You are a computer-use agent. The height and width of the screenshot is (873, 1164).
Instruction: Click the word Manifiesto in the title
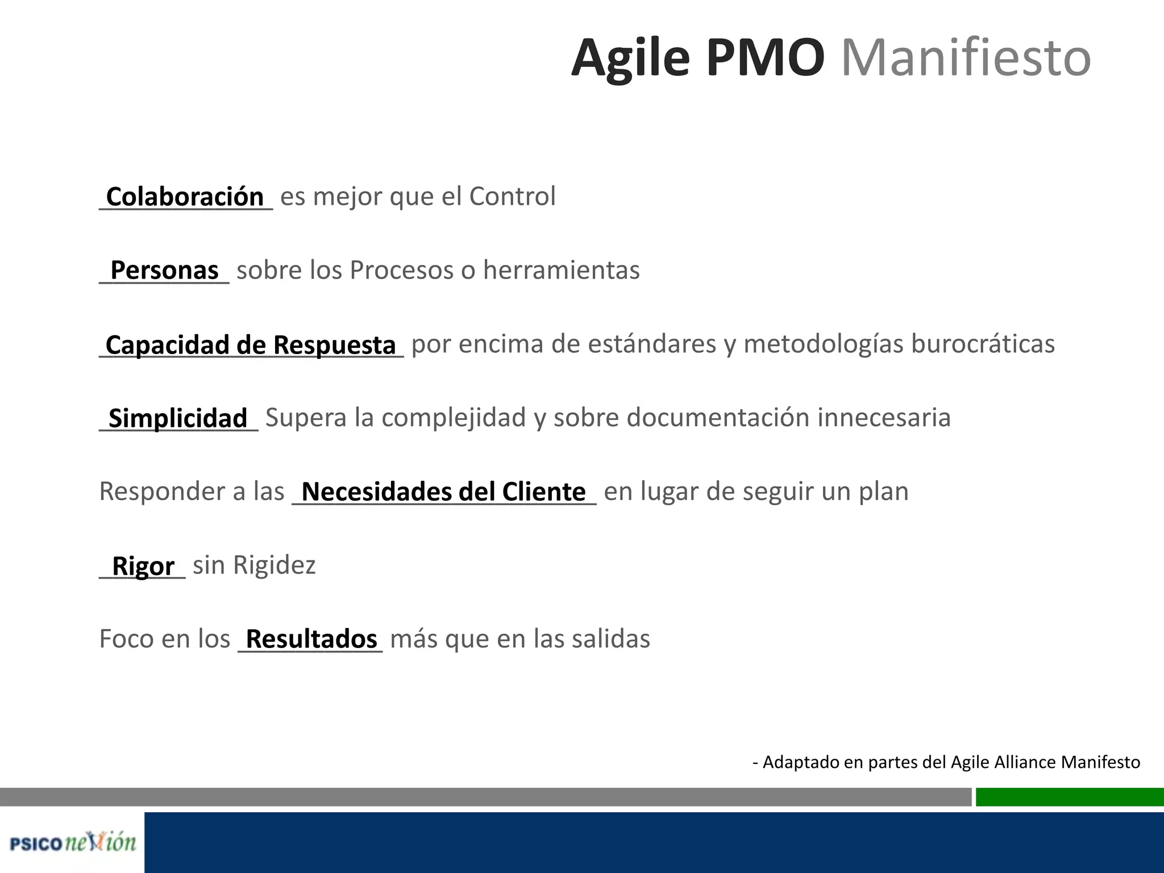point(966,58)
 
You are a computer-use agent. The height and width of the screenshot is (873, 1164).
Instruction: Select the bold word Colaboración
point(185,197)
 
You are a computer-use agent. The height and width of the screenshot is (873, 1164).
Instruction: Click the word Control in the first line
point(512,197)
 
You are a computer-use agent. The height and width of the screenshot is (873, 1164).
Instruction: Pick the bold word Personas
point(164,270)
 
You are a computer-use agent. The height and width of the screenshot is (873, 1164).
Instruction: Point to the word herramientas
point(561,270)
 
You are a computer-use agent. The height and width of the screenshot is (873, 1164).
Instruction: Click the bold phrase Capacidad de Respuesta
point(251,344)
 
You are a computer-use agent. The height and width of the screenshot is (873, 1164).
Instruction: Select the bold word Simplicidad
point(178,418)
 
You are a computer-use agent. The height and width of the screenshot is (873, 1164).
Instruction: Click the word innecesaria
point(884,418)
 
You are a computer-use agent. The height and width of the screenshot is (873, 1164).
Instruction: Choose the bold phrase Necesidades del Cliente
point(443,492)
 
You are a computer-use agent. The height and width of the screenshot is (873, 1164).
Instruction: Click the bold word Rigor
point(143,566)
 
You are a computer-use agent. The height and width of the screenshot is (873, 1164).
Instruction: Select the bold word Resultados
point(311,639)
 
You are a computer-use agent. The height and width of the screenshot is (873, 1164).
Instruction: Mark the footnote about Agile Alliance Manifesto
point(946,762)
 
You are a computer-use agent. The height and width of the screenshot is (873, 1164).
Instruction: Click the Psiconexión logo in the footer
point(73,842)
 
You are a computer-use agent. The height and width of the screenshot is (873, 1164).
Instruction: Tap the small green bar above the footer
point(1069,797)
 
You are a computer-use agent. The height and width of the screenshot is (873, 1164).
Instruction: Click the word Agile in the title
point(630,58)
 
